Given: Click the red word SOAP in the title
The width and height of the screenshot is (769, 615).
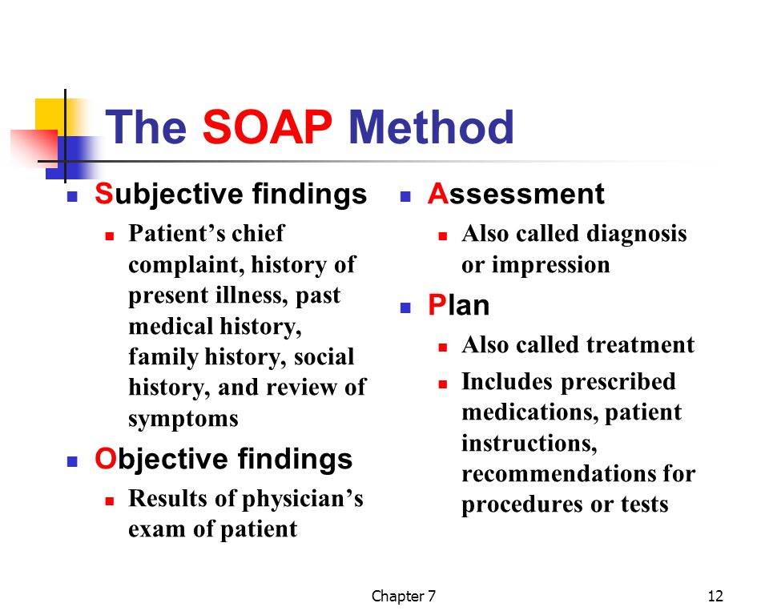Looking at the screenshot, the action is (268, 127).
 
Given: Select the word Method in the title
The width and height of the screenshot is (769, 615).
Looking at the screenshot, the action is (431, 127).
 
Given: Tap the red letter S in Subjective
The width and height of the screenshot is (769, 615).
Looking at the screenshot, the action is (104, 193).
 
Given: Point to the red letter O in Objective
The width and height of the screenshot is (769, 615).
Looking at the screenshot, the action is (106, 459).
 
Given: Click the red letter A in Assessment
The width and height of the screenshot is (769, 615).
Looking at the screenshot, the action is (438, 193).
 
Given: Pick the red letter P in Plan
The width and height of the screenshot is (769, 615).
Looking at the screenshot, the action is (437, 304).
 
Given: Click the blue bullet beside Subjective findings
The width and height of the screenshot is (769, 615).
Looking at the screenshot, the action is (73, 197).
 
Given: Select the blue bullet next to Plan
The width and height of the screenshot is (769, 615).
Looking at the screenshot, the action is (405, 308).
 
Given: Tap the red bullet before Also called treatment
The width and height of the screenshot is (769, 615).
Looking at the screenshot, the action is (443, 348).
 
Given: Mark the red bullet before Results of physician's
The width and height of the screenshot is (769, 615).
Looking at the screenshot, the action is (110, 501).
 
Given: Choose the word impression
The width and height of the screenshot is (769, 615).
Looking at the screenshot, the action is (551, 265).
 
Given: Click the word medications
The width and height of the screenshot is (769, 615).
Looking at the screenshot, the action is (530, 412).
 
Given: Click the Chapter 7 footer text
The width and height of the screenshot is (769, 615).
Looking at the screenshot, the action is (403, 596).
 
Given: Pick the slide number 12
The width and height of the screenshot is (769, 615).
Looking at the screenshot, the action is (715, 596).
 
